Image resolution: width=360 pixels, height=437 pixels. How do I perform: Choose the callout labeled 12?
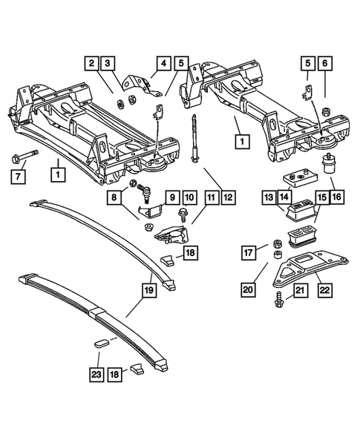click(229, 197)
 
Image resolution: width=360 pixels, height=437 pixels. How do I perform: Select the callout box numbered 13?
click(268, 197)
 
